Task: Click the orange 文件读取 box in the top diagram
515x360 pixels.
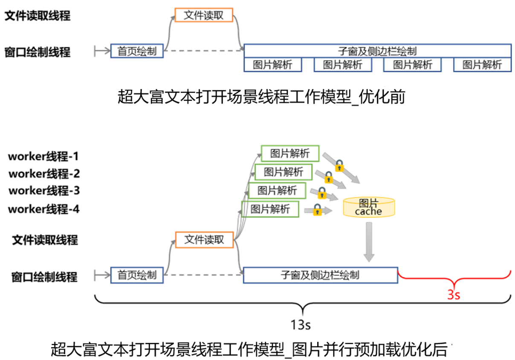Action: coord(204,15)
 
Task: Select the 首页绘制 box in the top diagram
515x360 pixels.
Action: coord(137,52)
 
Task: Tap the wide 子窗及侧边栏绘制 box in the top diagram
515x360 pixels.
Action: coord(377,51)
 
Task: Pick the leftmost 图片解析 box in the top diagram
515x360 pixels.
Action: coord(272,65)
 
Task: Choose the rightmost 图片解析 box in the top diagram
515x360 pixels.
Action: coord(482,65)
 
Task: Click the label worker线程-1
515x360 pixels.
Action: coord(43,157)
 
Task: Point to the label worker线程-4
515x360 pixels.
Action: coord(43,209)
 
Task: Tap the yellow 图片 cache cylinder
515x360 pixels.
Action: coord(368,207)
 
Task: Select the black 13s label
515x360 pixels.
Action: coord(301,325)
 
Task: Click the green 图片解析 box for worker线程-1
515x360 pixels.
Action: coord(290,154)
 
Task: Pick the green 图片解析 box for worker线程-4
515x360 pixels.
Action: coord(270,209)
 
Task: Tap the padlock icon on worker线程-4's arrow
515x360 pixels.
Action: coord(317,210)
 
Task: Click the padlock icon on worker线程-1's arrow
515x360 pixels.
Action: coord(339,165)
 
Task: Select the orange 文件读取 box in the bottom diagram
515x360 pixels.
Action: coord(204,240)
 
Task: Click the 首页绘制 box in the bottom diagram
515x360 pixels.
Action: coord(137,275)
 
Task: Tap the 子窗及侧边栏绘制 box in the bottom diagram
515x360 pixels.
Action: coord(320,275)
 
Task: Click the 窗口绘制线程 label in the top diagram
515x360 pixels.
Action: coord(38,52)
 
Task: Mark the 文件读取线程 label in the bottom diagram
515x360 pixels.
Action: coord(45,240)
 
